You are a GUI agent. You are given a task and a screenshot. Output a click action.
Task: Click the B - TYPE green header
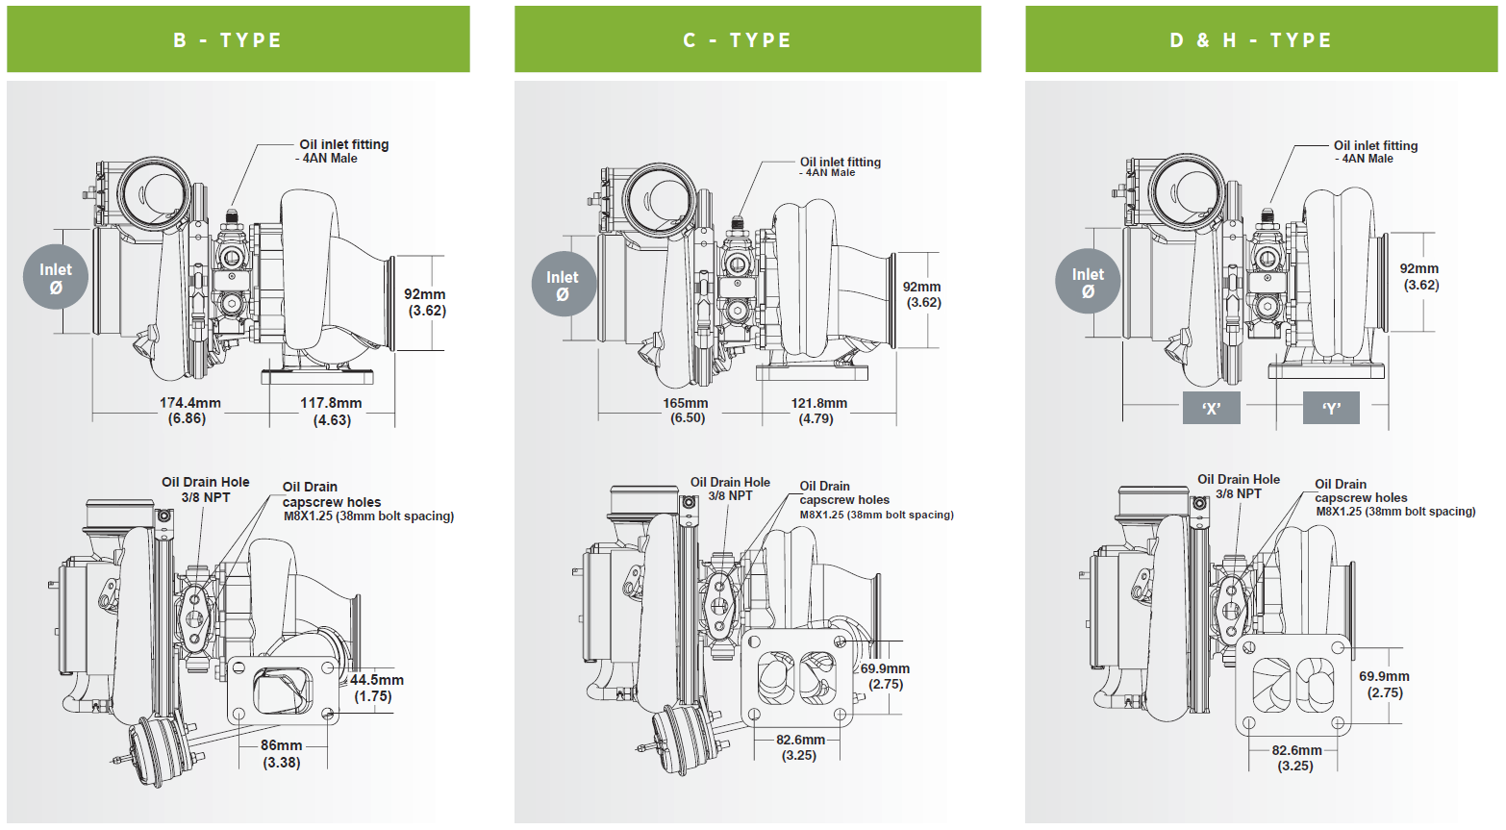pos(238,39)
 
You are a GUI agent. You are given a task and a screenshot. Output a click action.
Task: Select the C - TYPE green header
pos(747,39)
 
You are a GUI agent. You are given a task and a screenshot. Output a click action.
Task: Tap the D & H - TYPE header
pos(1260,39)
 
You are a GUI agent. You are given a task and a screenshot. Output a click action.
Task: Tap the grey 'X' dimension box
pos(1211,408)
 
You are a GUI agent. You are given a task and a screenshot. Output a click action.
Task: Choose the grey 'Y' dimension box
pos(1331,408)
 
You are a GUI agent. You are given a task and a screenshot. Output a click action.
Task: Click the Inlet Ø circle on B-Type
pos(56,277)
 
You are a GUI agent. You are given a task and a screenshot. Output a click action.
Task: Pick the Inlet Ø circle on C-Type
pos(564,285)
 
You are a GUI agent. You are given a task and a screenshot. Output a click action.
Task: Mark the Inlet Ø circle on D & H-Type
pos(1088,282)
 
